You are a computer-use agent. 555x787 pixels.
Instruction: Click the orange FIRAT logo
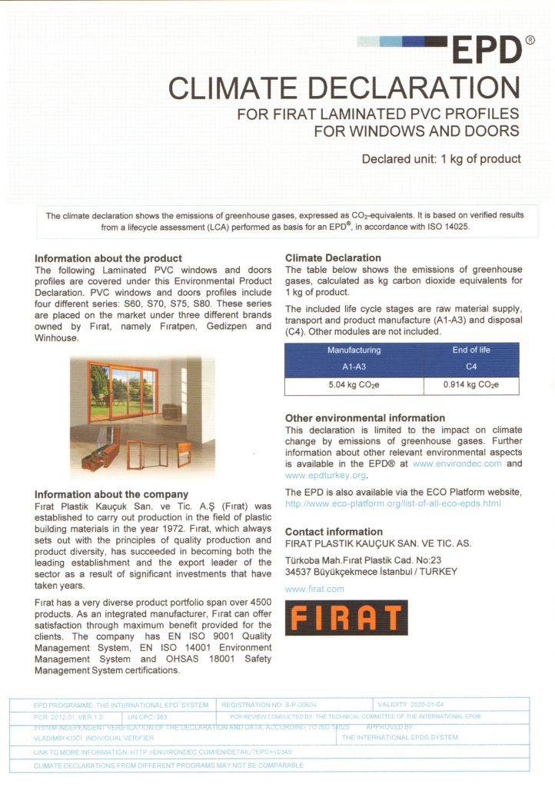tap(346, 617)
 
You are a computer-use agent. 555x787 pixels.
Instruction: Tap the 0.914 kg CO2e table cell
tap(471, 384)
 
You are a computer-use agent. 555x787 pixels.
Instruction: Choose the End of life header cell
tap(471, 350)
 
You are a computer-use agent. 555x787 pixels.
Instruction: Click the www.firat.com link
tap(314, 589)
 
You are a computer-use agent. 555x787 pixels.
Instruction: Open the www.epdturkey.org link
tap(315, 475)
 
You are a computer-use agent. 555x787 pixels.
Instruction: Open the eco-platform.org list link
tap(393, 503)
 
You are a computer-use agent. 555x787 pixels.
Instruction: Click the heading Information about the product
tap(108, 258)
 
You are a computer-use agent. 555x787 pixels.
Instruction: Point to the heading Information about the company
tap(111, 494)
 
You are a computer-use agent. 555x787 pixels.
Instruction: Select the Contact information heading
tap(334, 532)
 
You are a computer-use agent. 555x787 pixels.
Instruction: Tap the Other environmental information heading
tap(365, 418)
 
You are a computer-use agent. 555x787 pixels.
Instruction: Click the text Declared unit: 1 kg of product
tap(441, 159)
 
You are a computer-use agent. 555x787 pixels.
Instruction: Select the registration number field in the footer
tap(268, 704)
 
